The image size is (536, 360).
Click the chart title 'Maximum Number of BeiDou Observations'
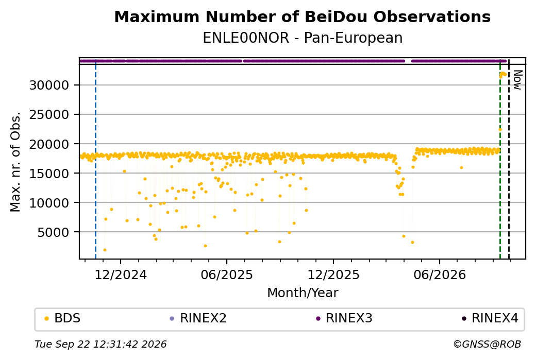302,16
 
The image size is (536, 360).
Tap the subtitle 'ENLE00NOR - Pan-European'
303,38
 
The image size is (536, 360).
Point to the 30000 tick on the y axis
49,85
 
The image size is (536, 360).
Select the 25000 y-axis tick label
49,114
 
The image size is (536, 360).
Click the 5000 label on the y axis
53,232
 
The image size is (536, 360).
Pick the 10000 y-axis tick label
49,202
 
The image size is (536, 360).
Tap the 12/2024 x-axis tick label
120,275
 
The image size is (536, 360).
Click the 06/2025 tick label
227,275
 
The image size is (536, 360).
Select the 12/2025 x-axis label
333,275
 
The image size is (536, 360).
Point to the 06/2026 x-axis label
440,275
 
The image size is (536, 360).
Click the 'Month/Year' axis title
303,293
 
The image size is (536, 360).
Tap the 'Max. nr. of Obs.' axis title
15,162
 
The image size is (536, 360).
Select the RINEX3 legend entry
344,318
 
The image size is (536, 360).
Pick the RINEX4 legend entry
490,318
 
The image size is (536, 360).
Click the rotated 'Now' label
517,80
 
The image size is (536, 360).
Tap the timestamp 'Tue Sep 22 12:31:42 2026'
100,344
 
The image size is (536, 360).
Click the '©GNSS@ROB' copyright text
487,344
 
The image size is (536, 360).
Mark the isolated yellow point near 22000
500,129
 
